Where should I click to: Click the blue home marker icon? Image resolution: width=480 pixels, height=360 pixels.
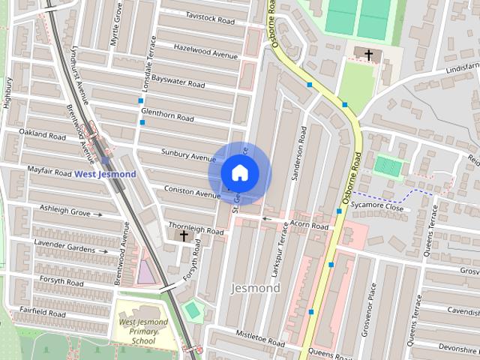pos(239,173)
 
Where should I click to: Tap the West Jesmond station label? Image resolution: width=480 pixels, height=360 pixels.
pos(105,175)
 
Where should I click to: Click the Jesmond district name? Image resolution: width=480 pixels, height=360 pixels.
pos(256,288)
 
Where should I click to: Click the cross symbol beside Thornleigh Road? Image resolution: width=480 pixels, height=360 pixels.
pos(184,235)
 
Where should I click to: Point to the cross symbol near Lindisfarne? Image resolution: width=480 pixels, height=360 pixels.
pos(368,55)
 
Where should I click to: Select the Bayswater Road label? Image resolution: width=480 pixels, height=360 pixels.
pos(178,78)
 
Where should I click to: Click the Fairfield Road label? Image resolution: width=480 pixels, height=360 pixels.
pos(43,311)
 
